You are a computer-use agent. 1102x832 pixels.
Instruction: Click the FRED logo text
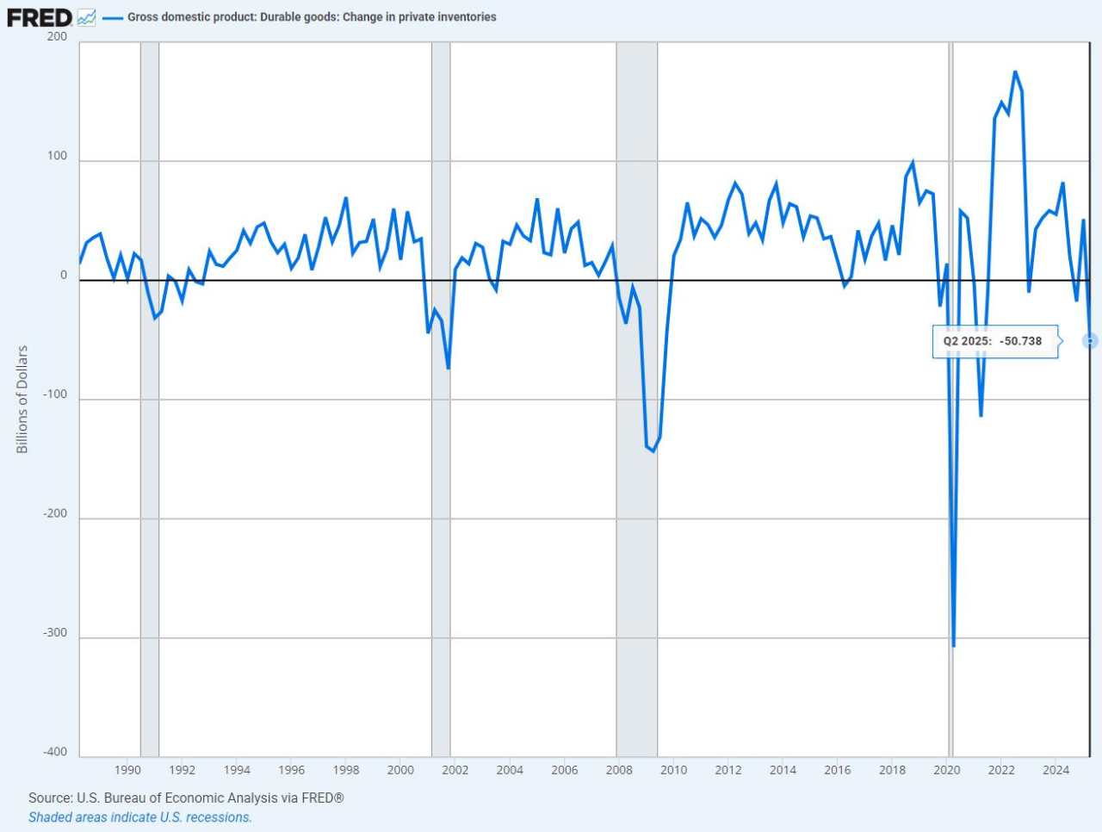pyautogui.click(x=40, y=17)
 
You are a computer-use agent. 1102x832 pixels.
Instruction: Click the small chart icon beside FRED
pyautogui.click(x=86, y=17)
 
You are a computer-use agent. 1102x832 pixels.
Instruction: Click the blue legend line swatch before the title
pyautogui.click(x=112, y=17)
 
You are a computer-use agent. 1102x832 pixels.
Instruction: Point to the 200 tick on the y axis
pyautogui.click(x=57, y=36)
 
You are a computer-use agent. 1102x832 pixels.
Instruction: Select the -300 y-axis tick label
pyautogui.click(x=55, y=633)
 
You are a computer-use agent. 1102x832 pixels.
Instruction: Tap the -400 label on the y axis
pyautogui.click(x=55, y=752)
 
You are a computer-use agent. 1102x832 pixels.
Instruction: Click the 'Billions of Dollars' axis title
pyautogui.click(x=22, y=400)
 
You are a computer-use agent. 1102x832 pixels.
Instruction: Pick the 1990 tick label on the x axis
pyautogui.click(x=127, y=770)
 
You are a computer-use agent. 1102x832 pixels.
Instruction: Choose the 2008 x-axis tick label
pyautogui.click(x=619, y=770)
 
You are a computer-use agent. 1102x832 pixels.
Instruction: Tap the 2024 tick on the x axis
pyautogui.click(x=1056, y=770)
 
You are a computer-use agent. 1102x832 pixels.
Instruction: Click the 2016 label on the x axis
pyautogui.click(x=837, y=770)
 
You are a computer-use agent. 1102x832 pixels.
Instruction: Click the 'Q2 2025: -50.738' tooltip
pyautogui.click(x=994, y=341)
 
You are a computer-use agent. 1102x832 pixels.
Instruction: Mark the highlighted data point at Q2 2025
pyautogui.click(x=1090, y=341)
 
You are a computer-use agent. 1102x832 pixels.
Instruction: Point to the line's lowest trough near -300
pyautogui.click(x=953, y=645)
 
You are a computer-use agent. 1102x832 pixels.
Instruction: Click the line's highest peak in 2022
pyautogui.click(x=1015, y=72)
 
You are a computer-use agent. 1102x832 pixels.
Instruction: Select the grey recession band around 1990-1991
pyautogui.click(x=150, y=396)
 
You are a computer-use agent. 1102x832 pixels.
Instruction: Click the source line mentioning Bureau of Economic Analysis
pyautogui.click(x=186, y=798)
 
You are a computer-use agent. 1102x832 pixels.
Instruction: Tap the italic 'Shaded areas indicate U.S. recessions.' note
pyautogui.click(x=140, y=817)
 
